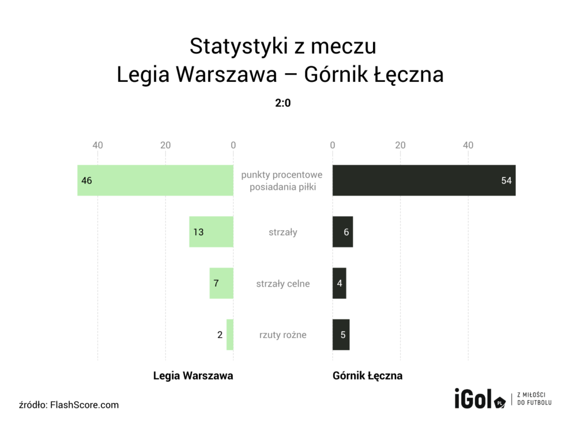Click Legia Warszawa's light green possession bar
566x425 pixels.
pyautogui.click(x=155, y=180)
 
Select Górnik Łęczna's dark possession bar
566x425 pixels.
pyautogui.click(x=424, y=180)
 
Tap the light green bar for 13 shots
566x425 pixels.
pyautogui.click(x=211, y=232)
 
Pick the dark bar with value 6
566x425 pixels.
pyautogui.click(x=343, y=232)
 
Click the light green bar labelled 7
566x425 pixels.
pyautogui.click(x=221, y=283)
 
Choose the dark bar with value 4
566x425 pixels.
pyautogui.click(x=339, y=283)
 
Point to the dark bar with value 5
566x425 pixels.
pyautogui.click(x=341, y=335)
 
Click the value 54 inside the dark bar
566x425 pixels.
pyautogui.click(x=506, y=180)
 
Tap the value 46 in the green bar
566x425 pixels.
pyautogui.click(x=87, y=180)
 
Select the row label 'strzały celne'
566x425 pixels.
pyautogui.click(x=283, y=283)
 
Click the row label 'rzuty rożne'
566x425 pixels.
pyautogui.click(x=283, y=335)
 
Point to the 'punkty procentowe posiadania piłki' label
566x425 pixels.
pyautogui.click(x=282, y=180)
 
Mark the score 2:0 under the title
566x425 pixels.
pyautogui.click(x=283, y=103)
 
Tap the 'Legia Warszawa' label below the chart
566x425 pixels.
pyautogui.click(x=193, y=376)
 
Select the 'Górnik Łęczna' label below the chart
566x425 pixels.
pyautogui.click(x=368, y=376)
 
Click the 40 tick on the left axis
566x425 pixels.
pyautogui.click(x=98, y=145)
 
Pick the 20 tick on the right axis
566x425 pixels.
pyautogui.click(x=400, y=145)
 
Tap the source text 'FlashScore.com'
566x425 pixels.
pyautogui.click(x=85, y=405)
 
